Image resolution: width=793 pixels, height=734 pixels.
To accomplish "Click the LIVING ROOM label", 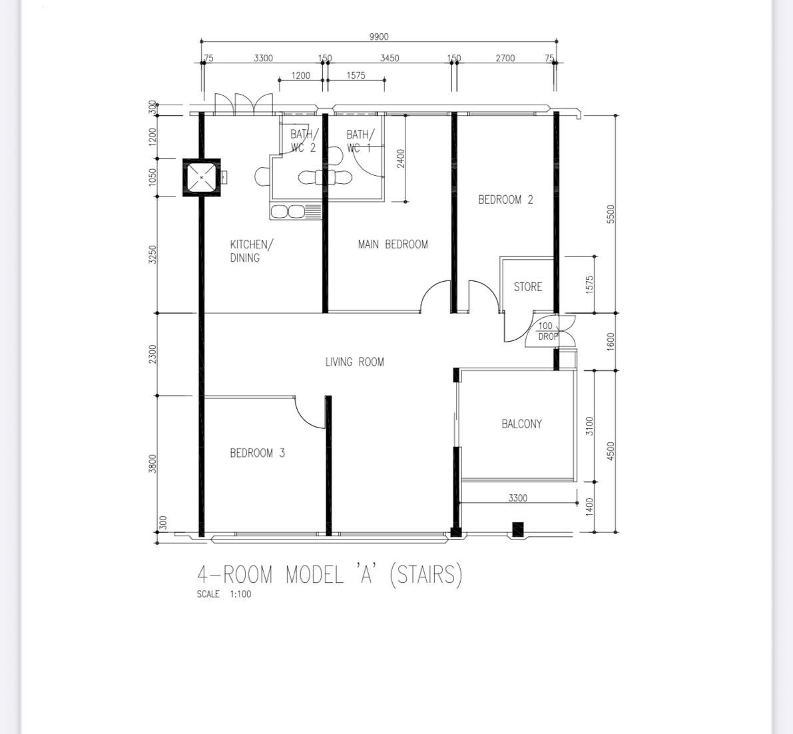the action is [x=354, y=362].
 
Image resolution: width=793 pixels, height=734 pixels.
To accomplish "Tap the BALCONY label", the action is [x=521, y=424].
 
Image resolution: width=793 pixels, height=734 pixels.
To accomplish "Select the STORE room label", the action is [x=527, y=287].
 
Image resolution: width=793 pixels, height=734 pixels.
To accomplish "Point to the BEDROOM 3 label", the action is [x=258, y=453].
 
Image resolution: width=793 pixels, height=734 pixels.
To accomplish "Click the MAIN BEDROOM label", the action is [x=393, y=244].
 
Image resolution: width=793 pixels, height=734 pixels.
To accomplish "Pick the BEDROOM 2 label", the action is [x=506, y=200].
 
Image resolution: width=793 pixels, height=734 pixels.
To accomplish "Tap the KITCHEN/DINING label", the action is [x=252, y=251].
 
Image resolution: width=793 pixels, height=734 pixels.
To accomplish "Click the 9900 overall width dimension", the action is [x=379, y=37].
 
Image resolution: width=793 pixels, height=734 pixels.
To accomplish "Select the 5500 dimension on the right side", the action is [x=611, y=214].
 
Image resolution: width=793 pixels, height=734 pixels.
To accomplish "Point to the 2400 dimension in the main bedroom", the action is [x=401, y=159].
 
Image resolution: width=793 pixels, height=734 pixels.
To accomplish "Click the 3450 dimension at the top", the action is [x=390, y=58].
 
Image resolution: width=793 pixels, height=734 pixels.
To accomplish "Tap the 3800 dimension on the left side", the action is [x=152, y=464].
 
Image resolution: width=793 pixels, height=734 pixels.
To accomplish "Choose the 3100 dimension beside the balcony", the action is [x=589, y=426].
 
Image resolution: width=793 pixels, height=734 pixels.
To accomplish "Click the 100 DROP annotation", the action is [x=547, y=331].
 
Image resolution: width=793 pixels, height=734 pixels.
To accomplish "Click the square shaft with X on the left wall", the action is [x=202, y=178].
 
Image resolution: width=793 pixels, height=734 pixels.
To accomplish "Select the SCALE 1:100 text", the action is [x=224, y=594].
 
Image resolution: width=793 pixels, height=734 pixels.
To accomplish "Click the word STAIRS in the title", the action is [x=426, y=575].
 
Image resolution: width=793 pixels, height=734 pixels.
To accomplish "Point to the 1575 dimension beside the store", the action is [x=589, y=285].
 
